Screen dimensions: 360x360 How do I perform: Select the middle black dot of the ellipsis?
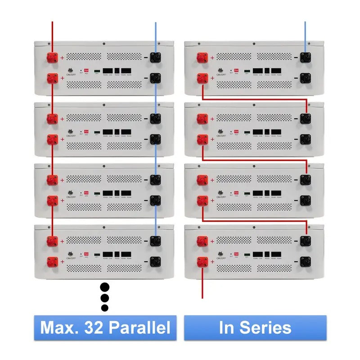click(105, 297)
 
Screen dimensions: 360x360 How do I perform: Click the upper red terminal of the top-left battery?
click(52, 58)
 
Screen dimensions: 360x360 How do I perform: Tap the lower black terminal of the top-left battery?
click(156, 78)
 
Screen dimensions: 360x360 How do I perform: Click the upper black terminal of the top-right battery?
click(306, 58)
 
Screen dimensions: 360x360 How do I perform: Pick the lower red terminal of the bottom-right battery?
click(202, 261)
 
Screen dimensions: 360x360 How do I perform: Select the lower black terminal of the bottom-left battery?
click(156, 261)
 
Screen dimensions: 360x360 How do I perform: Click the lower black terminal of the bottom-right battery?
click(306, 261)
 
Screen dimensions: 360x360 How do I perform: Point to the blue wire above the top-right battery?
click(306, 34)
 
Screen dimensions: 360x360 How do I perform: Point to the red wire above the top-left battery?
click(52, 34)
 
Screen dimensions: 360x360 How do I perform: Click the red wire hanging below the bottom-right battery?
click(202, 286)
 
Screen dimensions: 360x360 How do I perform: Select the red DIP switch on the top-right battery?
click(236, 71)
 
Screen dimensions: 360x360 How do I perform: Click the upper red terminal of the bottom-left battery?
click(52, 241)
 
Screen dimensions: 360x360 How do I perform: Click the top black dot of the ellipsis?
click(105, 287)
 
